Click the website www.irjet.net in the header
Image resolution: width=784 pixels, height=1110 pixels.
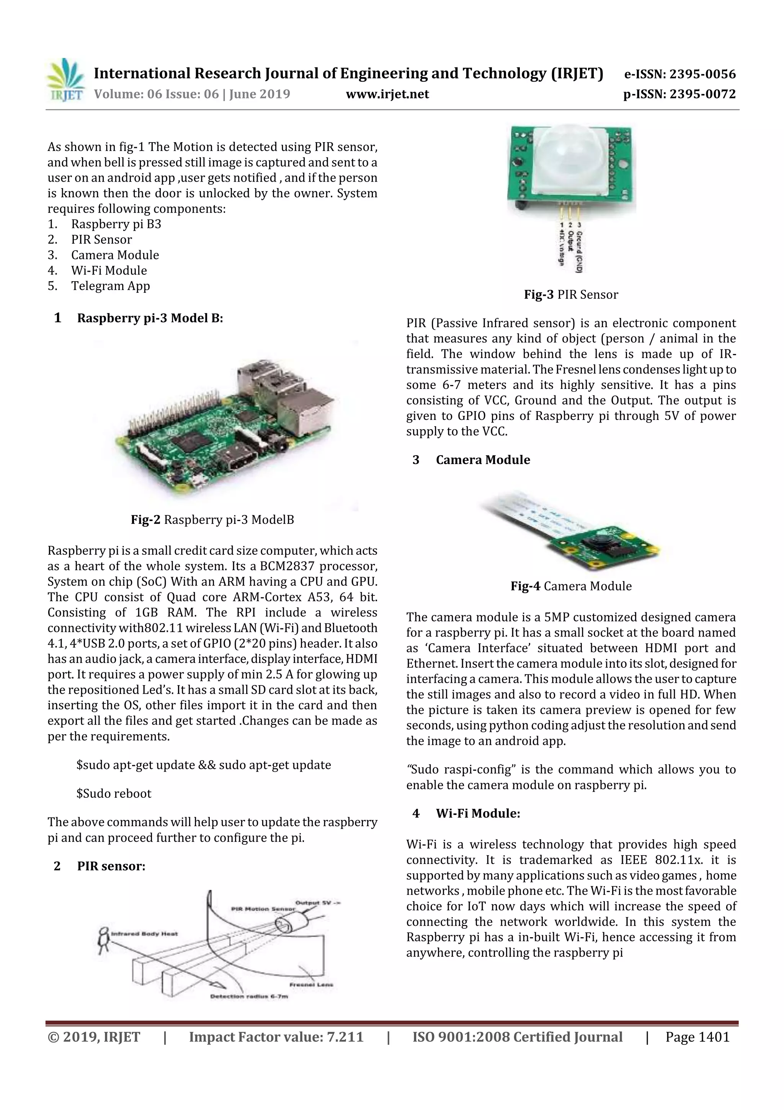tap(387, 94)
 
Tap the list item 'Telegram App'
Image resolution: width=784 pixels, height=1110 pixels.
tap(111, 286)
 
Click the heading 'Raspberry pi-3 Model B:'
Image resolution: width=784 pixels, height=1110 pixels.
tap(150, 318)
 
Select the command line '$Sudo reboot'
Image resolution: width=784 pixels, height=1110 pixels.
tap(114, 794)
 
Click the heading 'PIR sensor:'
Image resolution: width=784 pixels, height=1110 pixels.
tap(111, 866)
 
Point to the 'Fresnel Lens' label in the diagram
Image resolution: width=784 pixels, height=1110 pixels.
tap(311, 984)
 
